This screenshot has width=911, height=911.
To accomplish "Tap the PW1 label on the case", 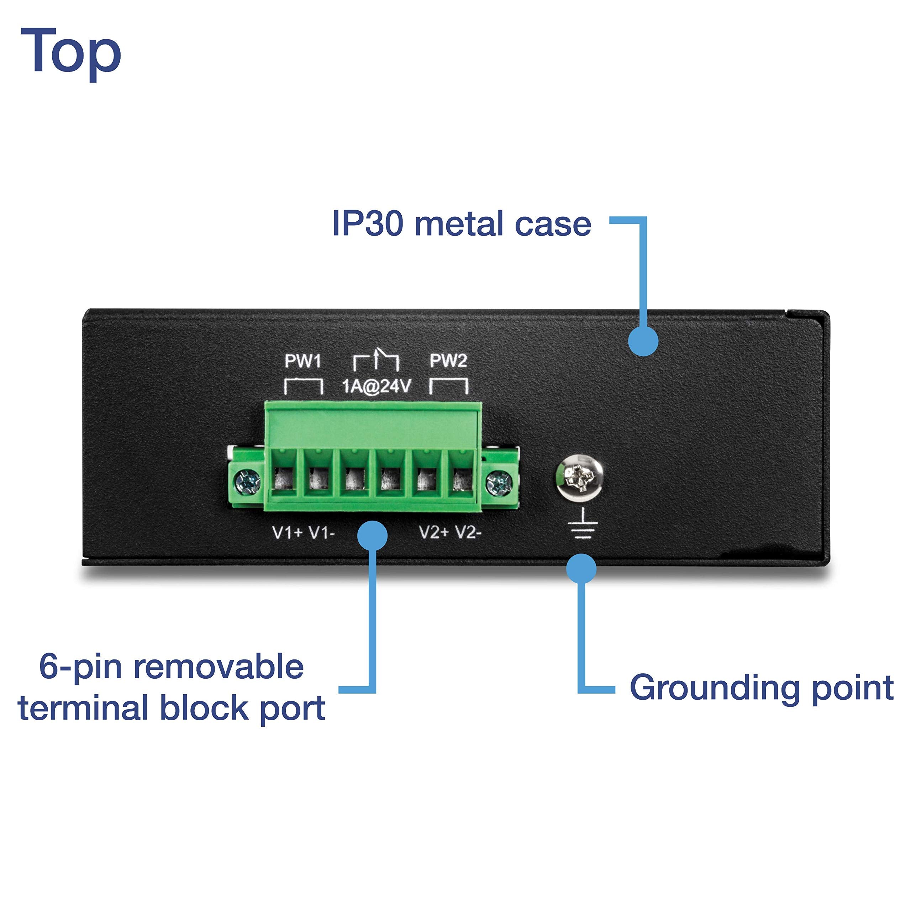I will [x=303, y=361].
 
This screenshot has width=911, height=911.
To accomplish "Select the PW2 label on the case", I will [x=448, y=361].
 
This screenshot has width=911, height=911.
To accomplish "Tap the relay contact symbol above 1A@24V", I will [x=376, y=361].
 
